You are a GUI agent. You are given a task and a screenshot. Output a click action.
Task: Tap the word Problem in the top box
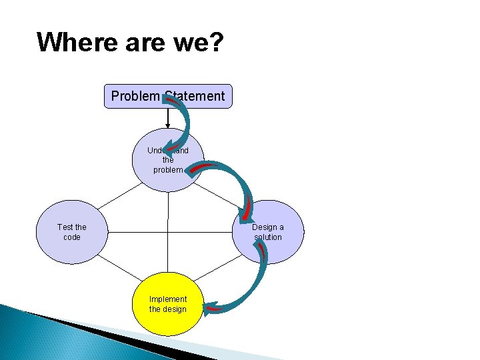tap(135, 96)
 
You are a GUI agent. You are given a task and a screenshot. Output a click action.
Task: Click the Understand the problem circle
tap(167, 160)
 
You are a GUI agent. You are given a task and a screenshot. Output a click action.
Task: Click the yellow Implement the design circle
tap(167, 304)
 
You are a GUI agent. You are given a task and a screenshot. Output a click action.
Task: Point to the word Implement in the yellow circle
tap(168, 299)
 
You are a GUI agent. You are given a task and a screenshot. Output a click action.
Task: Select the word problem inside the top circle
tap(168, 170)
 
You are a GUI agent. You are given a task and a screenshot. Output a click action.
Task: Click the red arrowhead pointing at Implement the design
tap(213, 309)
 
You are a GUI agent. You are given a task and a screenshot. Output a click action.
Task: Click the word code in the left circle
tap(72, 237)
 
